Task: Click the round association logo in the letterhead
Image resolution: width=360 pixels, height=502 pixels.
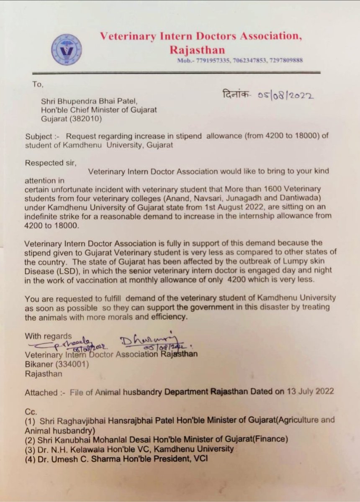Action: point(67,49)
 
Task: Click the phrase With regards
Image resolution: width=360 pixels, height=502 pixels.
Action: point(48,336)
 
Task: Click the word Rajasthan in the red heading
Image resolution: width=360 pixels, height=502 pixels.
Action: point(197,50)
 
